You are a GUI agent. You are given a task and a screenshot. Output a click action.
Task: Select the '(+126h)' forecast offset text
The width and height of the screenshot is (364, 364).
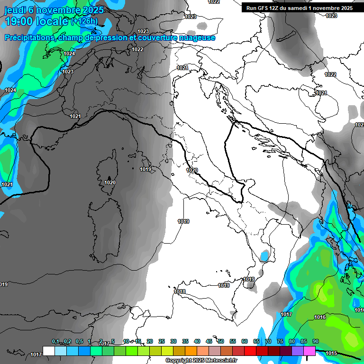84,21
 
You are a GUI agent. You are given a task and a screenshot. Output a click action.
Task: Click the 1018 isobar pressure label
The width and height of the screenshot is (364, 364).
180,291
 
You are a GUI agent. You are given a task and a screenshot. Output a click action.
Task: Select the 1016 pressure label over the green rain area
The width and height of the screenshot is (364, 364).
320,317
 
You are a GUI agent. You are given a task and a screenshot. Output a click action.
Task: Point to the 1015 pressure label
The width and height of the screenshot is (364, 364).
331,353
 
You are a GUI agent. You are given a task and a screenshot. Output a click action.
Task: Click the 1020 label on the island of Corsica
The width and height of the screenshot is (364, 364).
110,182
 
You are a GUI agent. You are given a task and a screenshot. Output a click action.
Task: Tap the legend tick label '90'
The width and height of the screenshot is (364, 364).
316,342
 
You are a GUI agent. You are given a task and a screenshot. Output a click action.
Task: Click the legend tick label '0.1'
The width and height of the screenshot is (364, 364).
55,342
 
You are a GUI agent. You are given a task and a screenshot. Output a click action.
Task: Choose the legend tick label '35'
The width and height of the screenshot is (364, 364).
185,342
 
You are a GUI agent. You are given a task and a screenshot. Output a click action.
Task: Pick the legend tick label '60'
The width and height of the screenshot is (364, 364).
245,342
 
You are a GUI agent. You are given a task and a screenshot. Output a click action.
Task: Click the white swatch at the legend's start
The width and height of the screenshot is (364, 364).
49,351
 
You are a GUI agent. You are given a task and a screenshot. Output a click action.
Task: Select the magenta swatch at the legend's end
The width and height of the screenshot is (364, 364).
309,351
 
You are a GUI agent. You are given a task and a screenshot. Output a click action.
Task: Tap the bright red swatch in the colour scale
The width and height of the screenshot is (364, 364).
250,351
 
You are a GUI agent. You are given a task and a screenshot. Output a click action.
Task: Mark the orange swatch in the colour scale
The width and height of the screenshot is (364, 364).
191,351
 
